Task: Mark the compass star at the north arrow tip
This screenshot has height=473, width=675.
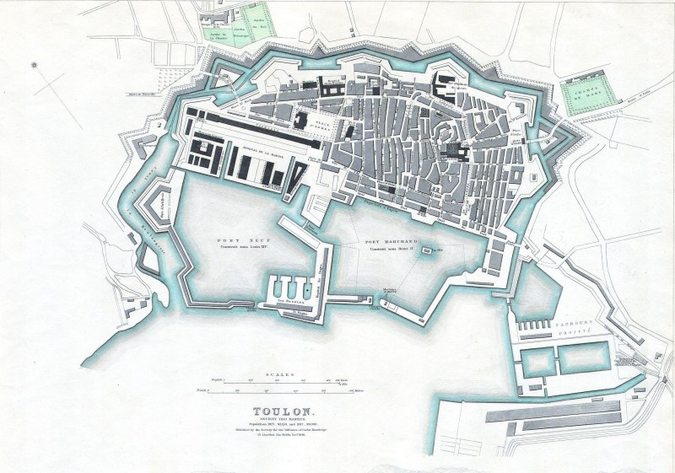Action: pos(35,64)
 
